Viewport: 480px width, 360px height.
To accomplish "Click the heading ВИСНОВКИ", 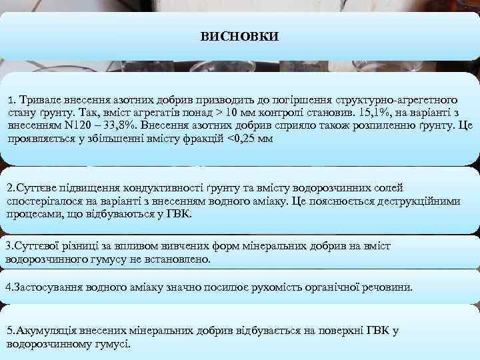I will coord(240,35).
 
